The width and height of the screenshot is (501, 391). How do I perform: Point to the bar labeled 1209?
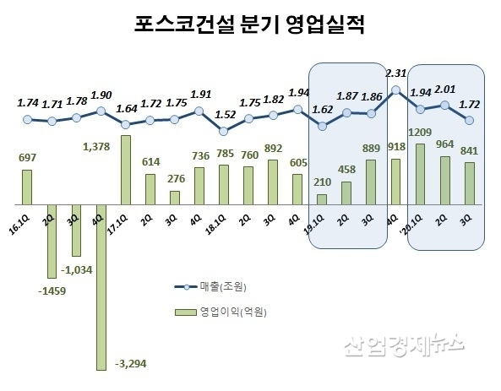[420, 174]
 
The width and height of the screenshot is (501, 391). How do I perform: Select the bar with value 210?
[322, 199]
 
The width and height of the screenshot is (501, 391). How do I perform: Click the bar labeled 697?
[27, 187]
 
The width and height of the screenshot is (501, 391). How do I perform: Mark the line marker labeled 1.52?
[223, 131]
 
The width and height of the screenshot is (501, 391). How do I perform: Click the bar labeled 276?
[175, 198]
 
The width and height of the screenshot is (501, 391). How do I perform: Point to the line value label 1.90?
[101, 94]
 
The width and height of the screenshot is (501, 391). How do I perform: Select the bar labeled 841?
[469, 183]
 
